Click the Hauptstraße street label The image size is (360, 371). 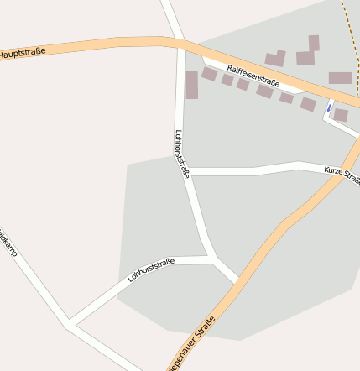tap(22, 53)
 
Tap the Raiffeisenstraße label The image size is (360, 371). tap(253, 76)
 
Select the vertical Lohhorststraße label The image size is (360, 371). tap(182, 153)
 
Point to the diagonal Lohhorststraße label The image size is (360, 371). tap(151, 269)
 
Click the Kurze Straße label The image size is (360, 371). tap(342, 175)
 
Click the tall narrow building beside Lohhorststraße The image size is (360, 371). tap(191, 85)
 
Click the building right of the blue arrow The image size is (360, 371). tap(341, 115)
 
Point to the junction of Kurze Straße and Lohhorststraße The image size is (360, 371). tap(188, 172)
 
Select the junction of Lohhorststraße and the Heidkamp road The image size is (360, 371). tap(70, 322)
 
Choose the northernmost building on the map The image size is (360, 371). tap(314, 43)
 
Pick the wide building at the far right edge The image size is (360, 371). tap(340, 78)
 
